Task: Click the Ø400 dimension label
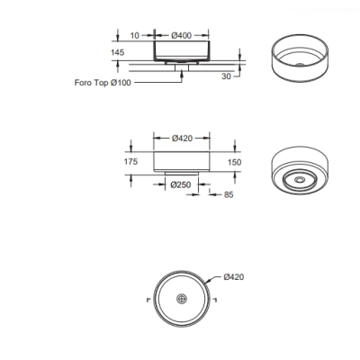pos(182,35)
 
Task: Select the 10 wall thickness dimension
pos(135,35)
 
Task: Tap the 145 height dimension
pos(117,52)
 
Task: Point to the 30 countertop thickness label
pos(227,76)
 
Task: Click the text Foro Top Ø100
pos(103,83)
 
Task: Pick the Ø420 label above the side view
pos(182,139)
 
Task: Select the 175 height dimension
pos(130,162)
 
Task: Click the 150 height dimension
pos(234,162)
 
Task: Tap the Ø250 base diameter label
pos(181,184)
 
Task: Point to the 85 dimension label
pos(229,194)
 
